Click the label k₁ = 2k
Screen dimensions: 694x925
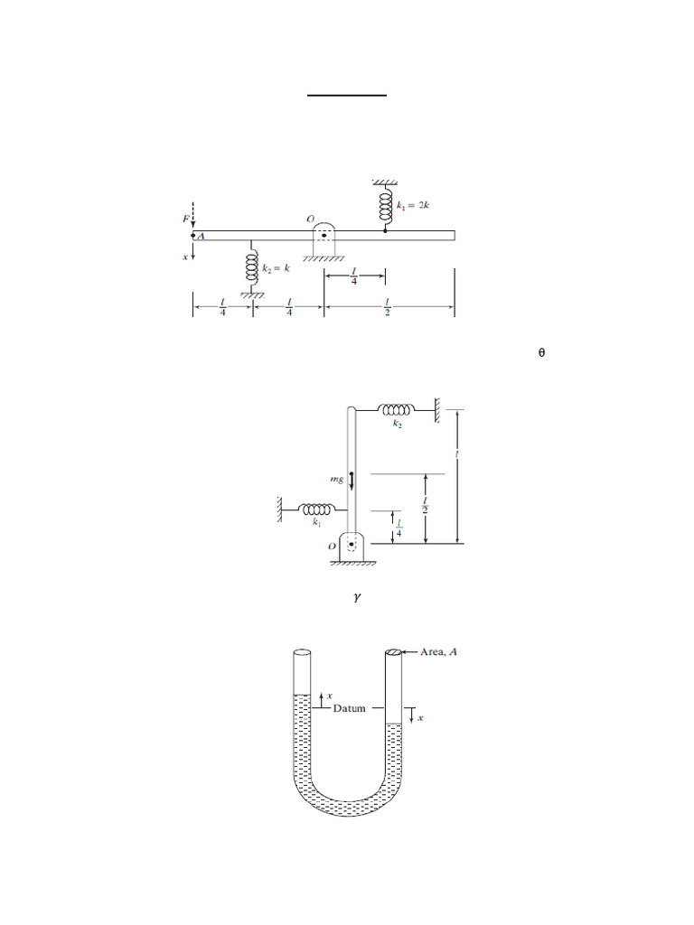click(x=413, y=205)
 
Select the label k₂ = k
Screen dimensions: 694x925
click(x=277, y=267)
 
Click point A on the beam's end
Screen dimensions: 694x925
click(x=193, y=236)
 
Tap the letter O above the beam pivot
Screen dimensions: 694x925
click(x=311, y=219)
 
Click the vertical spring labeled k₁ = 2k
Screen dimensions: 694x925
click(x=385, y=205)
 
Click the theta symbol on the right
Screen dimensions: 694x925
click(x=542, y=353)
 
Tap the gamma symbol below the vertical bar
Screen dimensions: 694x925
click(x=357, y=598)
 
